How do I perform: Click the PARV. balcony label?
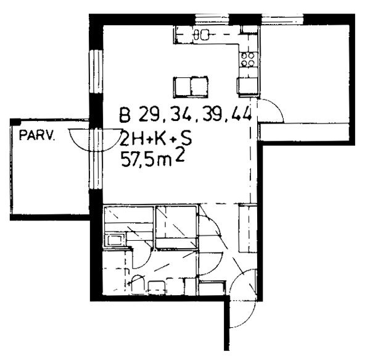37,136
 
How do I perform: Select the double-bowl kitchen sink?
201,35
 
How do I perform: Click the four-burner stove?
248,59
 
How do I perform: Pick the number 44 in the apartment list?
241,114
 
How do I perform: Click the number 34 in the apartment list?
179,115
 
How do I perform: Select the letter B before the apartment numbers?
125,115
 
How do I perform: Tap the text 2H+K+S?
156,138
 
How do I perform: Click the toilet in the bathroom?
138,284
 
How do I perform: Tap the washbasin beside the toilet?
156,287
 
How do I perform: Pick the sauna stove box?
115,240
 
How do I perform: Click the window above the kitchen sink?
212,19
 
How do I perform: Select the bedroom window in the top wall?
282,19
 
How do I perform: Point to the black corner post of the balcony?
15,122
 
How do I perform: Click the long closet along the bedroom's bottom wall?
305,132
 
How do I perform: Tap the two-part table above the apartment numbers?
191,87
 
